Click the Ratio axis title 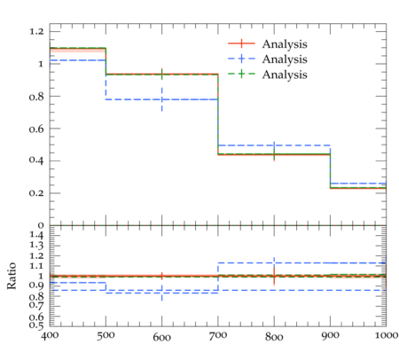(x=12, y=276)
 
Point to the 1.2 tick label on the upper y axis (x=36, y=31)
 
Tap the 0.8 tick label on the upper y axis (x=36, y=97)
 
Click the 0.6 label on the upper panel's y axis (x=36, y=129)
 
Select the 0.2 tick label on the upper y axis (x=36, y=193)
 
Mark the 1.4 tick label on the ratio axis (x=36, y=236)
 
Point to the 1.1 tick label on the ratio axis (x=36, y=266)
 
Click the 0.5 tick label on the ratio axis (x=36, y=325)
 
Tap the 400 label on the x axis (x=50, y=335)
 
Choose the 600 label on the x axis (x=162, y=337)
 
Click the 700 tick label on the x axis (x=218, y=335)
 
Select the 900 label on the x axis (x=330, y=335)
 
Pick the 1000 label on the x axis (x=387, y=335)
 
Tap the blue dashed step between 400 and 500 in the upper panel (x=78, y=60)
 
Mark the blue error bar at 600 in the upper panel (x=162, y=99)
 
